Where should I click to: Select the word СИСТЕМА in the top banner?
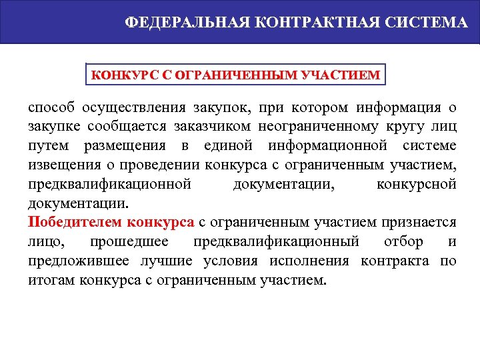[427, 23]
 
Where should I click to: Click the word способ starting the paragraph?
[51, 108]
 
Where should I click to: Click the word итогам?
[51, 279]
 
